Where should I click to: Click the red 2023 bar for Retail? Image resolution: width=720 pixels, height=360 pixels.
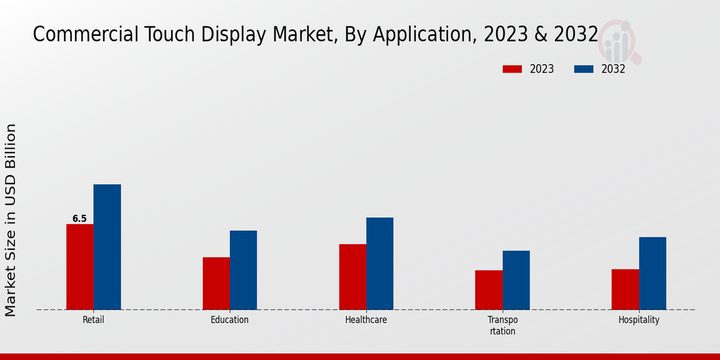pos(80,267)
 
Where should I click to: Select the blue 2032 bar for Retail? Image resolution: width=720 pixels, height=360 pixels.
pos(107,247)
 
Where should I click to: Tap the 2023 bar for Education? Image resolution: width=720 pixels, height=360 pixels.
pos(216,283)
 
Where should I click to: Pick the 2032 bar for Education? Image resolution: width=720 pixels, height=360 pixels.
pos(243,270)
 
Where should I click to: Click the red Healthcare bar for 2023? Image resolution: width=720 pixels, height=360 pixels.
pos(352,277)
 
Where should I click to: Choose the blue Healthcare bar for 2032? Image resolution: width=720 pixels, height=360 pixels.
pos(380,263)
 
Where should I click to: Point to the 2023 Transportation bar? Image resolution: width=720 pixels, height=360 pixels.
pos(488,290)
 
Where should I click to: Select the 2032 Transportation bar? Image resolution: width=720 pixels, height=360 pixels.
pos(516,280)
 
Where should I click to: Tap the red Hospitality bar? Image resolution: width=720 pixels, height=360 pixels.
pos(625,289)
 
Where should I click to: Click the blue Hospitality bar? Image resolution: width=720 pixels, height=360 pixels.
pos(652,274)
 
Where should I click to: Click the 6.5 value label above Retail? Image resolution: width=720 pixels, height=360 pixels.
pos(80,219)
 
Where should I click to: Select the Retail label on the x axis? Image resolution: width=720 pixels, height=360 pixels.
pos(94,320)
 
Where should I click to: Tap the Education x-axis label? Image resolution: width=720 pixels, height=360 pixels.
pos(230,320)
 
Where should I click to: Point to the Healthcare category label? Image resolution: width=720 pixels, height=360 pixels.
pos(366,320)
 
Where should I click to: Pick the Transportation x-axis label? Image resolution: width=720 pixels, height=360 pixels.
pos(502,325)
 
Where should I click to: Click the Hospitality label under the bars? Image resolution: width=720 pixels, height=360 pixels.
pos(639,320)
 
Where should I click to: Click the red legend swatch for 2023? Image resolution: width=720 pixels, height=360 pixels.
pos(512,69)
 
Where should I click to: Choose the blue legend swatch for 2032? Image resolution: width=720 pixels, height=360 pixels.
pos(583,69)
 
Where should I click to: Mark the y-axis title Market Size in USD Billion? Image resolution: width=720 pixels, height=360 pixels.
pos(11,220)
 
